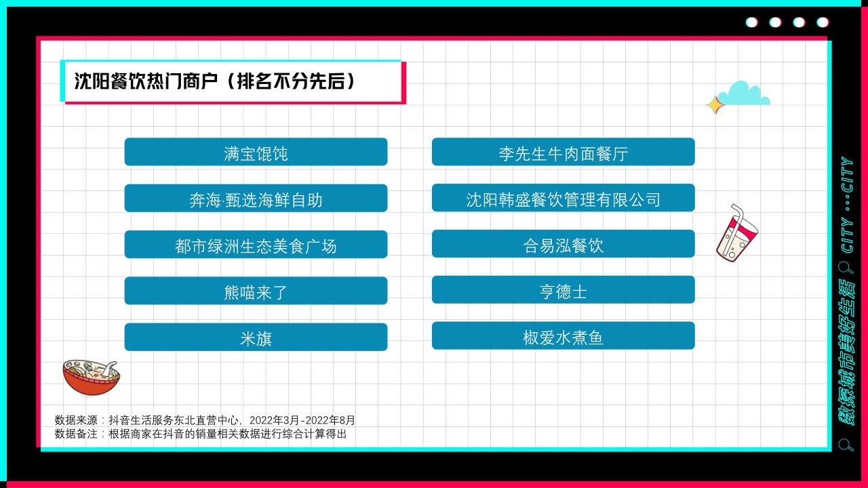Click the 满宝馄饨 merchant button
click(x=256, y=152)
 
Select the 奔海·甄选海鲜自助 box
click(x=256, y=199)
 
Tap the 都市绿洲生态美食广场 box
click(x=256, y=245)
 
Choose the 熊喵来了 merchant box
click(x=256, y=291)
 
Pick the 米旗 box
click(x=256, y=337)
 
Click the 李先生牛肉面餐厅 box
click(x=563, y=152)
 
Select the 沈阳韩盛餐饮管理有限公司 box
click(x=563, y=198)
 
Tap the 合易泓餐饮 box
click(x=563, y=244)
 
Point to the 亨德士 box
click(x=563, y=290)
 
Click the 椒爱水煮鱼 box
click(x=563, y=336)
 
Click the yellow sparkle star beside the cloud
click(x=714, y=105)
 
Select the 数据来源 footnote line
click(x=205, y=420)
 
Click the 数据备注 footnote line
click(x=201, y=434)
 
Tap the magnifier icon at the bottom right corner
click(x=846, y=445)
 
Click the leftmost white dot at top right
click(x=751, y=22)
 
